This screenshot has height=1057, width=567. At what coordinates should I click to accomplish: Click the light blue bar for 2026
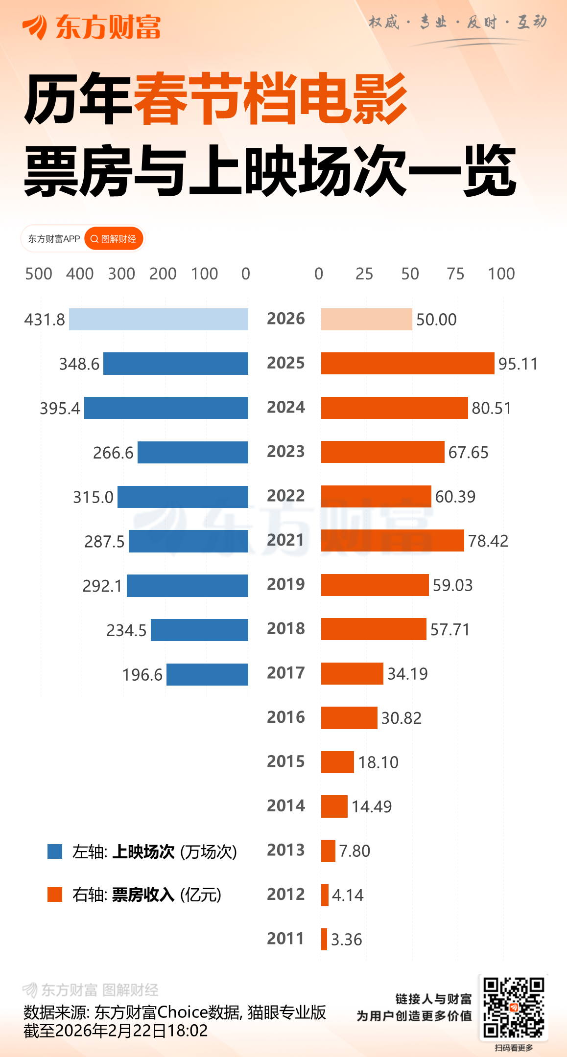pyautogui.click(x=159, y=319)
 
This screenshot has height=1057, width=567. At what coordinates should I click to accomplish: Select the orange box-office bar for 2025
pyautogui.click(x=407, y=363)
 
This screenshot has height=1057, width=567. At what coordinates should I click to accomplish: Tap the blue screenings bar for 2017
pyautogui.click(x=207, y=674)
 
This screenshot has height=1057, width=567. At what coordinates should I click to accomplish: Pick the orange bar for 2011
pyautogui.click(x=324, y=939)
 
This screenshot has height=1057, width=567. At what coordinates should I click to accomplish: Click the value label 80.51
pyautogui.click(x=491, y=408)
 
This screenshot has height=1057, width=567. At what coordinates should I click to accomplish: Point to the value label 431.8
pyautogui.click(x=45, y=320)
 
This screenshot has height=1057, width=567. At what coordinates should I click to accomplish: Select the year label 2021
pyautogui.click(x=286, y=540)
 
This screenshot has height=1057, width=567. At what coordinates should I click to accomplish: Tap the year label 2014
pyautogui.click(x=286, y=805)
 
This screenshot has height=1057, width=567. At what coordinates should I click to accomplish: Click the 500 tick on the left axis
pyautogui.click(x=39, y=274)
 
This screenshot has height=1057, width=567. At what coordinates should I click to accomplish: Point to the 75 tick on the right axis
pyautogui.click(x=455, y=274)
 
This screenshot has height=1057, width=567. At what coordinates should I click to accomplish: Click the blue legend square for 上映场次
pyautogui.click(x=55, y=851)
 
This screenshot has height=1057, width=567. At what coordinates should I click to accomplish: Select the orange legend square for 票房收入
pyautogui.click(x=55, y=894)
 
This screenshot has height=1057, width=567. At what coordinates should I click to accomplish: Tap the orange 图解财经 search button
pyautogui.click(x=114, y=239)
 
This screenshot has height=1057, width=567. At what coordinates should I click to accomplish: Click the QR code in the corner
pyautogui.click(x=514, y=1008)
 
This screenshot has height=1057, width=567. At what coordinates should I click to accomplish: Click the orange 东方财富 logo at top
pyautogui.click(x=92, y=27)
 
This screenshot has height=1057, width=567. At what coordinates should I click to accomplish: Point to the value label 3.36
pyautogui.click(x=346, y=940)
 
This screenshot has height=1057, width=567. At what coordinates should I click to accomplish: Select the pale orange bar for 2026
pyautogui.click(x=366, y=319)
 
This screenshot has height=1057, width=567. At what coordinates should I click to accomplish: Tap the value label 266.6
pyautogui.click(x=113, y=453)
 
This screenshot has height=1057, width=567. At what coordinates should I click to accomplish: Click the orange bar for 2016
pyautogui.click(x=349, y=717)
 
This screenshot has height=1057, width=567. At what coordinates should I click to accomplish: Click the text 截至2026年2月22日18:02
pyautogui.click(x=116, y=1031)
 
